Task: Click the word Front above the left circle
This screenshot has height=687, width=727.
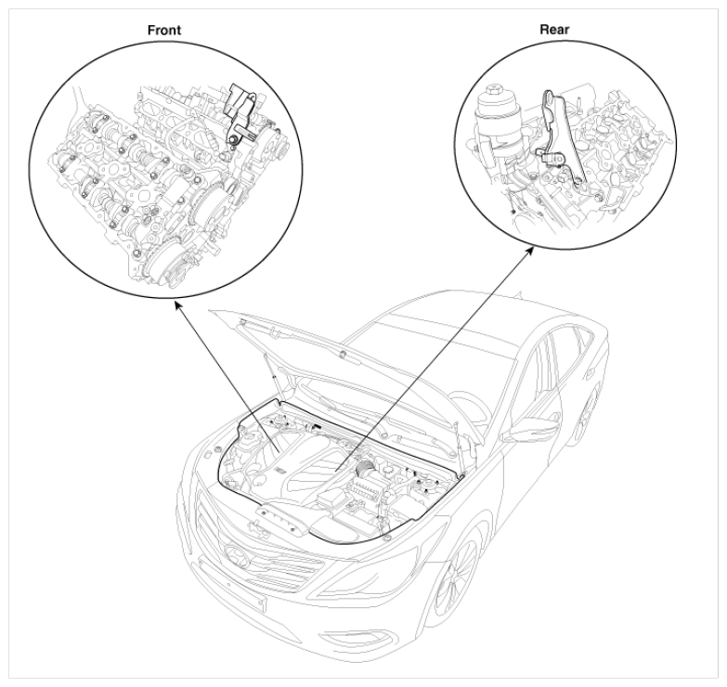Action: [164, 30]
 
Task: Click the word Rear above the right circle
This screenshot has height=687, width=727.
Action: [554, 30]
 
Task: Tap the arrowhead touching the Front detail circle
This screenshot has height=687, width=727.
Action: [177, 305]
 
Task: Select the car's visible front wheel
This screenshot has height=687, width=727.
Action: [454, 580]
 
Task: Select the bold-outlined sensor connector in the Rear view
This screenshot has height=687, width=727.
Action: [547, 158]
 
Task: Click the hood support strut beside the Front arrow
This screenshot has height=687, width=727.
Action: [272, 370]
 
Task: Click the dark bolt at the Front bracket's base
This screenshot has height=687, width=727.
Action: [233, 138]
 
